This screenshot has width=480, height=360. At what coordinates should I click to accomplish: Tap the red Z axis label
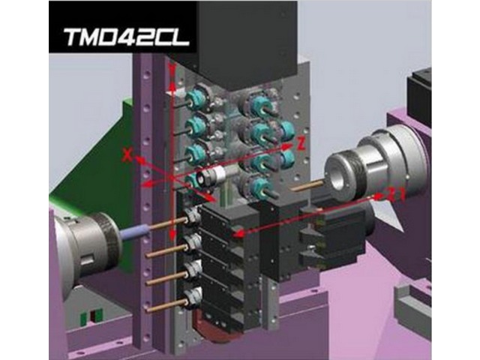[x=301, y=144]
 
